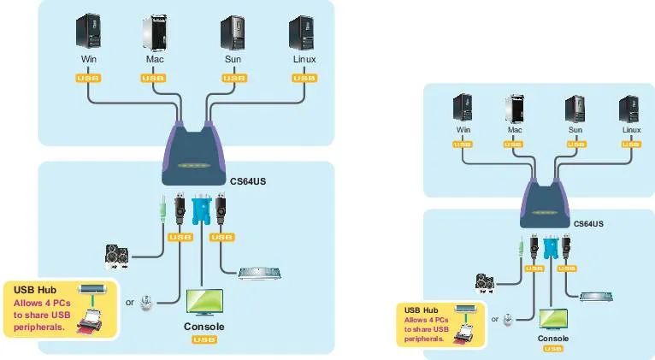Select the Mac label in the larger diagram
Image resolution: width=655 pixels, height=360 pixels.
[x=155, y=60]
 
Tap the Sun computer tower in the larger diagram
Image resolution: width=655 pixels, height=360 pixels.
[x=233, y=31]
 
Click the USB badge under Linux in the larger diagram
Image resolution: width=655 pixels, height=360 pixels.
[x=304, y=78]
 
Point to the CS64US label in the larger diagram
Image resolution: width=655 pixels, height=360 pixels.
[x=248, y=181]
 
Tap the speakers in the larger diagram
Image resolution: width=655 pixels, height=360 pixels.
[x=119, y=255]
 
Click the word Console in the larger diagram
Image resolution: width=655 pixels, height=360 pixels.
[x=204, y=327]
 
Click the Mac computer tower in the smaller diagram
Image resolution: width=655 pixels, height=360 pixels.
[x=514, y=109]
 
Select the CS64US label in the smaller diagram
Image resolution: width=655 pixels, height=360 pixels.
[x=587, y=224]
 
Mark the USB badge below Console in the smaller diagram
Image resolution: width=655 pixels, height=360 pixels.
[x=553, y=349]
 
